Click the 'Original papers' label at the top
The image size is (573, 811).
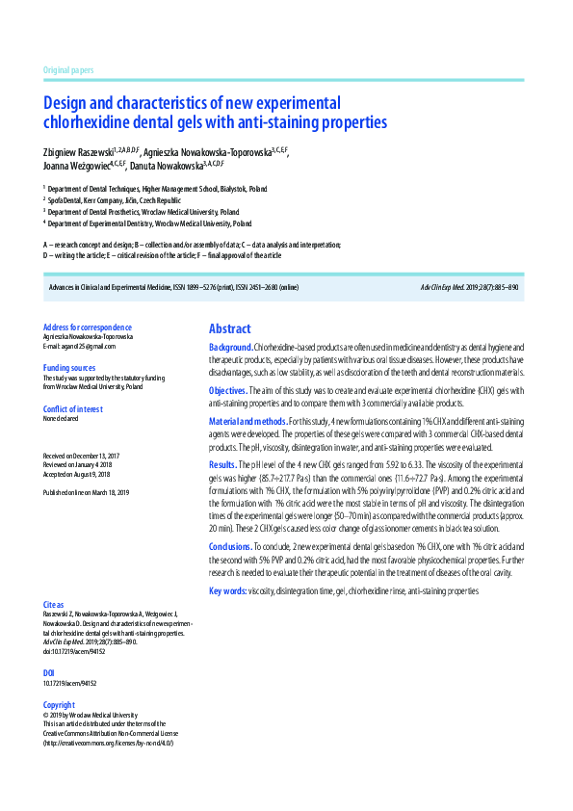tap(68, 71)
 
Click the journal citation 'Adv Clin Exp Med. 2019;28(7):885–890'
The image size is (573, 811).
tap(470, 287)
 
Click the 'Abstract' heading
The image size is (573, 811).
tap(229, 328)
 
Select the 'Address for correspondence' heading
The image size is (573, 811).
tap(88, 327)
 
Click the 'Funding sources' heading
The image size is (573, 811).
tap(69, 368)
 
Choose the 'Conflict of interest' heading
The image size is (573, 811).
tap(75, 409)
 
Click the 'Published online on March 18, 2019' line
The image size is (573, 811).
tap(86, 492)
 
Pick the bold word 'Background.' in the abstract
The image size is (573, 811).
tap(231, 347)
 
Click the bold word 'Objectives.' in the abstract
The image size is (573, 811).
tap(228, 391)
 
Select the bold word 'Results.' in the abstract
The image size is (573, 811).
tap(223, 464)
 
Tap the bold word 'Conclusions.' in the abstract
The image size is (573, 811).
tap(232, 546)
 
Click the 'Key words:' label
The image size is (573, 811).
tap(228, 589)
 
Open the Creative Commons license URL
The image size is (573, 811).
tap(108, 743)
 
